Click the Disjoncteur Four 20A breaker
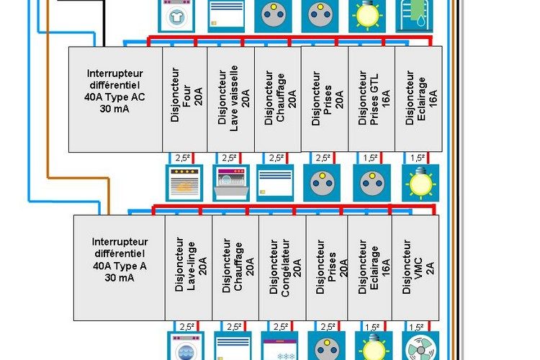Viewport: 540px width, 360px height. click(x=186, y=99)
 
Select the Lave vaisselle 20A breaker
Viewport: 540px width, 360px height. click(x=231, y=99)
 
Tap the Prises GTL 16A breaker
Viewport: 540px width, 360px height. click(x=372, y=99)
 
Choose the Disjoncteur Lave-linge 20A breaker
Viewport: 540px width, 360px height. click(x=189, y=267)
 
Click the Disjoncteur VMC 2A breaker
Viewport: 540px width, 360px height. click(x=417, y=267)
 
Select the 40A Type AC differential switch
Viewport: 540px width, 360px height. click(x=115, y=99)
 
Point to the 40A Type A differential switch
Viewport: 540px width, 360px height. click(x=120, y=267)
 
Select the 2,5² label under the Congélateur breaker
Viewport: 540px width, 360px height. click(x=282, y=327)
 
